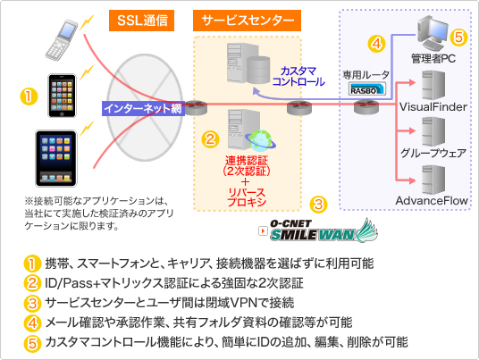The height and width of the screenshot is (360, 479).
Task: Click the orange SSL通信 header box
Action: tap(141, 21)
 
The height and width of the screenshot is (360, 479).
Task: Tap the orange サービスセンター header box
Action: tap(247, 21)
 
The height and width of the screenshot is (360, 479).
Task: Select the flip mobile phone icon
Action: tap(61, 39)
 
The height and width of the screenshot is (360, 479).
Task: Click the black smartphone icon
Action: tap(62, 96)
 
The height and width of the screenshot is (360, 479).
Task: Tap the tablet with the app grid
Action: tap(56, 158)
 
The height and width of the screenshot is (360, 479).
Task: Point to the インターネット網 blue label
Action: tap(143, 108)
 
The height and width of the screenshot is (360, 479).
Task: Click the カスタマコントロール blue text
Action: tap(298, 76)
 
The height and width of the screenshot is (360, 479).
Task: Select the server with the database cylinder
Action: tap(248, 63)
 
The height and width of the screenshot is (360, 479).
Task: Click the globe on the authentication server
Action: tap(260, 140)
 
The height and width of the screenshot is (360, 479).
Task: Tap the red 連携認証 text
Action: tap(247, 160)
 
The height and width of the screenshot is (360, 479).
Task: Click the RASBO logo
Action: tap(367, 88)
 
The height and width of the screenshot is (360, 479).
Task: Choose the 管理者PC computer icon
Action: tap(432, 33)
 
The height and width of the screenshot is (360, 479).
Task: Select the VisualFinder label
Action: tap(433, 107)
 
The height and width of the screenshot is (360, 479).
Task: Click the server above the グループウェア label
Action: tap(433, 132)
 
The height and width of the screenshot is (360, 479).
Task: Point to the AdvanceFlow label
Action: tap(432, 201)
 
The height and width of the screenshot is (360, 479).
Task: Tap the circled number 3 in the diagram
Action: tap(318, 204)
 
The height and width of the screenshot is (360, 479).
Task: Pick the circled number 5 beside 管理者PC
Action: tap(458, 38)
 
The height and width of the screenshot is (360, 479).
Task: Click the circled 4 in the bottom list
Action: tap(32, 322)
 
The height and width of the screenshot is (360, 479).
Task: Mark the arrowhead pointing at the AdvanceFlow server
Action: tap(412, 180)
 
